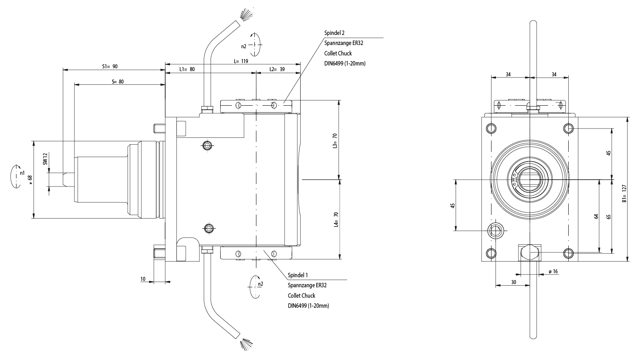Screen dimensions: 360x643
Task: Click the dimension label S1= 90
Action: (x=110, y=66)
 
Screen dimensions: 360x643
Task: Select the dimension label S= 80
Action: (x=117, y=82)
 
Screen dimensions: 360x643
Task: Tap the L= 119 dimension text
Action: (x=241, y=61)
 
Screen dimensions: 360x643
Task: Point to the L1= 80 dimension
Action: (x=187, y=69)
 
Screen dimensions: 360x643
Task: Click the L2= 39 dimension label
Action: (x=276, y=69)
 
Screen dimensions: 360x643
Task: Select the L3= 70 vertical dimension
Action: (x=334, y=141)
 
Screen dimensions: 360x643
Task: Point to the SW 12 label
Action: (x=45, y=159)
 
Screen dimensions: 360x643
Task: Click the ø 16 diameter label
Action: (x=553, y=272)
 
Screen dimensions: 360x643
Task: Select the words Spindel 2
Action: (x=334, y=33)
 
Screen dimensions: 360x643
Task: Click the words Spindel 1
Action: (x=298, y=276)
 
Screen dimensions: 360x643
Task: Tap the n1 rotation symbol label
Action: (x=22, y=174)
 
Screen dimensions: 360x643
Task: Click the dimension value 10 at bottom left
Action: (x=143, y=278)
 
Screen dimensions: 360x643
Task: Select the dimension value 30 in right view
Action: (x=514, y=282)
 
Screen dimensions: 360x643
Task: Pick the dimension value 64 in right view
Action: (x=596, y=216)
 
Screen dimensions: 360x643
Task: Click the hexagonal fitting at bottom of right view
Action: (x=530, y=253)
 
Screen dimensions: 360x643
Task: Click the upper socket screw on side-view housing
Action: (x=207, y=145)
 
